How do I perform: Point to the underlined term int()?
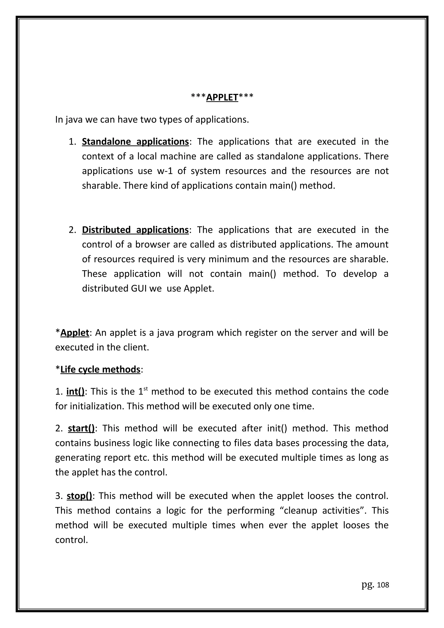pos(75,392)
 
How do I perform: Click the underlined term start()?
pos(81,428)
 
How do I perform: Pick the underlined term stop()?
pos(79,496)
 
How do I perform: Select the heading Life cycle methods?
pos(100,369)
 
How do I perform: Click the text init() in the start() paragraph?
pos(277,428)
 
